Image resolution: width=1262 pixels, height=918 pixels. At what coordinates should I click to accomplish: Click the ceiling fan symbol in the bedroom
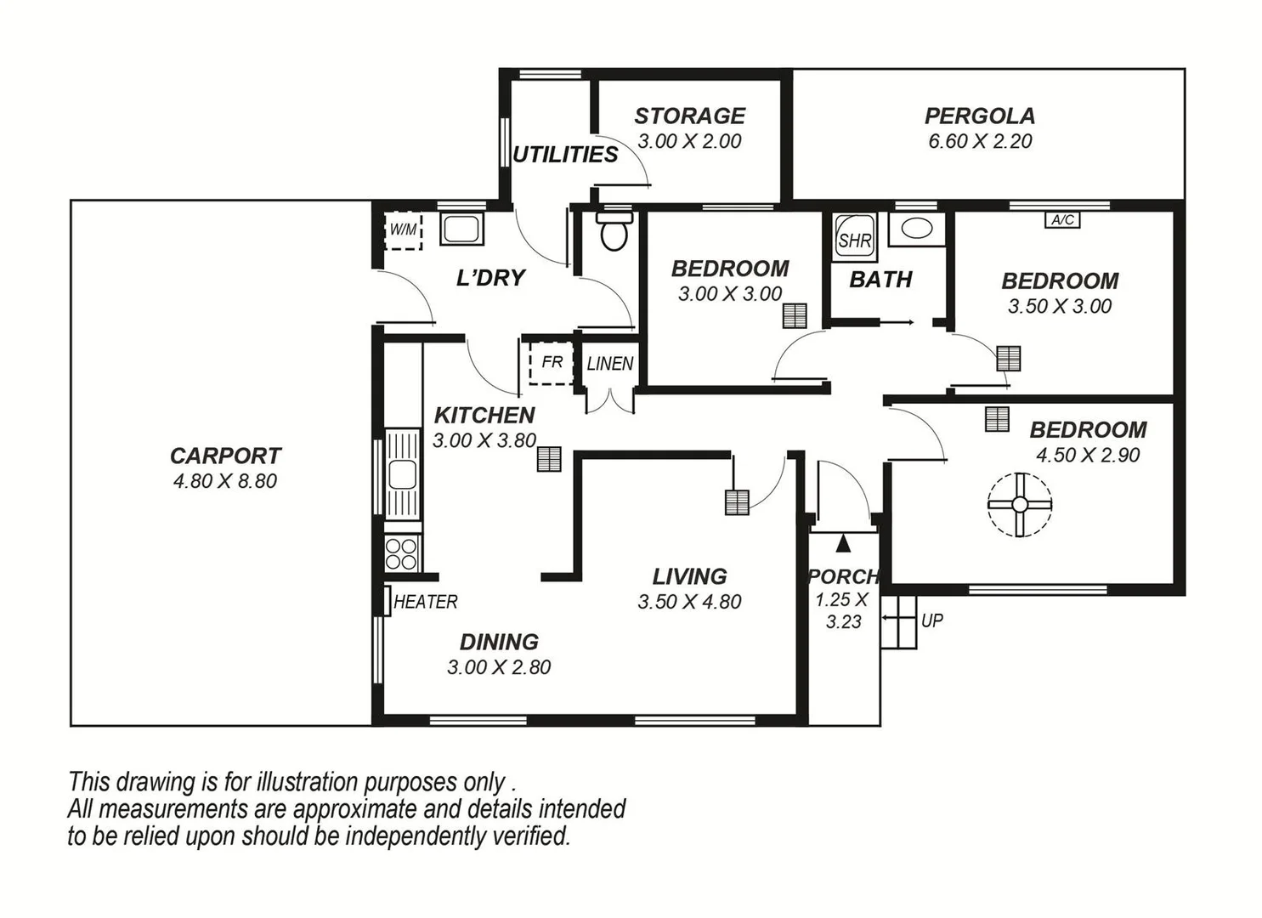pos(1020,504)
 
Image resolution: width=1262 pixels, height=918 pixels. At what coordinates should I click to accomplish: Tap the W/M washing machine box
pos(403,230)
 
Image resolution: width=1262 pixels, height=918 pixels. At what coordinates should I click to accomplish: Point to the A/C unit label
pos(1062,220)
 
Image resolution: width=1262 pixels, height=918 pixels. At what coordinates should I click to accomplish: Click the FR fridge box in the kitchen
pos(552,363)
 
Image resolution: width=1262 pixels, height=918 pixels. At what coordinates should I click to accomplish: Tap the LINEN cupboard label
pos(610,364)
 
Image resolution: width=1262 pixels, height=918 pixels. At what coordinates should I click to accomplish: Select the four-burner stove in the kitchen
pos(402,553)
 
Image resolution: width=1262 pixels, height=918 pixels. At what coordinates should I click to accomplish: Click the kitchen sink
pos(402,473)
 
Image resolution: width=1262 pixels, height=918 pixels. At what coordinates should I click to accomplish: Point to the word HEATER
pos(425,602)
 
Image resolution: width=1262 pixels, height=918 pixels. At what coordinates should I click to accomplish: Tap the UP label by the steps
pos(931,620)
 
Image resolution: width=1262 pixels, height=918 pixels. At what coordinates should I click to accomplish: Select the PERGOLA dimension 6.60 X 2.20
pos(980,141)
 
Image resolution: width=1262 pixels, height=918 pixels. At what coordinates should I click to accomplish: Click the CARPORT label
pos(225,456)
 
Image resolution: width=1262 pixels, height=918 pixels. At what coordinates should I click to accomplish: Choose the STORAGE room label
pos(689,116)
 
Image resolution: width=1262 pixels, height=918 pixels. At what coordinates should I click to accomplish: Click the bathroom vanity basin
pos(916,228)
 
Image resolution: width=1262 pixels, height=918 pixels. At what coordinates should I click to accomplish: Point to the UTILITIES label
pos(565,155)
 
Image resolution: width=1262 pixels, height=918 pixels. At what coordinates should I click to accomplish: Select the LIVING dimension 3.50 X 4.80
pos(689,602)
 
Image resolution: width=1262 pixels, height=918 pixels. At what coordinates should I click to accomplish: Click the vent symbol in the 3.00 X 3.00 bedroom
pos(795,316)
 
